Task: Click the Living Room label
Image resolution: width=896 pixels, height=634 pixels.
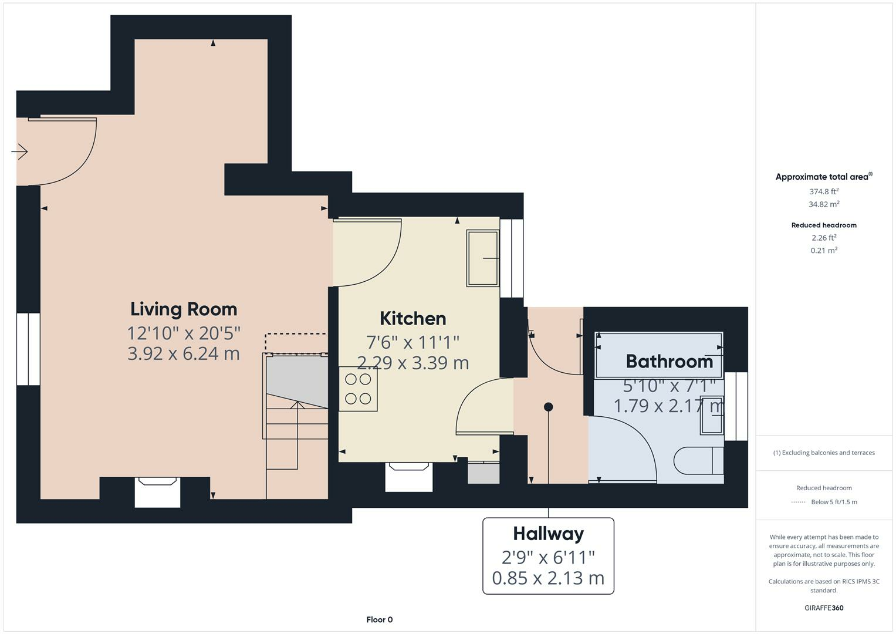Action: click(x=184, y=309)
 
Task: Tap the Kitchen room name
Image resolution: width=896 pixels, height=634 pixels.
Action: click(x=413, y=319)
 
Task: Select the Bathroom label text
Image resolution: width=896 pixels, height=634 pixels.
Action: click(x=669, y=362)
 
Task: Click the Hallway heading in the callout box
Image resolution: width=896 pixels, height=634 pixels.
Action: click(x=549, y=534)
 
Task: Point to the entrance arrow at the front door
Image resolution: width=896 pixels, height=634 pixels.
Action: click(x=19, y=151)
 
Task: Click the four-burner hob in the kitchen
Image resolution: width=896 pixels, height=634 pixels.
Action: click(x=358, y=389)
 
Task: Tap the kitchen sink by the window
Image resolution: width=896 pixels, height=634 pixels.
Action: click(x=483, y=258)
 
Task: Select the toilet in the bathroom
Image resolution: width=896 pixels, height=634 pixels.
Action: click(x=698, y=461)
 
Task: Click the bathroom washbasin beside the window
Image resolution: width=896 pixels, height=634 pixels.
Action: click(x=712, y=416)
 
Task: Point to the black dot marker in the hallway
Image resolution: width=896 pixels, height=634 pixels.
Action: click(x=549, y=407)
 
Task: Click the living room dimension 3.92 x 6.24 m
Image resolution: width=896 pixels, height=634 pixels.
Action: click(x=184, y=354)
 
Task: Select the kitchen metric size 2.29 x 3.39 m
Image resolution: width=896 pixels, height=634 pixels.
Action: click(x=413, y=363)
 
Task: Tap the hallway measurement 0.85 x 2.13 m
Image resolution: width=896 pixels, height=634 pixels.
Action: click(x=548, y=578)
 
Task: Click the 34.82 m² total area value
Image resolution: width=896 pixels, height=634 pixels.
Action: click(x=824, y=204)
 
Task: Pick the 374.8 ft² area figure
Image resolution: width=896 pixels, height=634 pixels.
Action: click(x=824, y=191)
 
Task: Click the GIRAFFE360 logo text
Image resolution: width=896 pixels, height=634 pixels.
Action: click(x=824, y=608)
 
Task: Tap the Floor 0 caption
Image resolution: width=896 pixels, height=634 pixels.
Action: click(x=380, y=619)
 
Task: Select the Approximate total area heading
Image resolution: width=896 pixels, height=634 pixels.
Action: click(x=824, y=177)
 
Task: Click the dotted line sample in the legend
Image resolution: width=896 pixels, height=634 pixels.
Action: click(x=799, y=502)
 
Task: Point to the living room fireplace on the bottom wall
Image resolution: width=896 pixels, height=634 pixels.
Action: click(x=157, y=492)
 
